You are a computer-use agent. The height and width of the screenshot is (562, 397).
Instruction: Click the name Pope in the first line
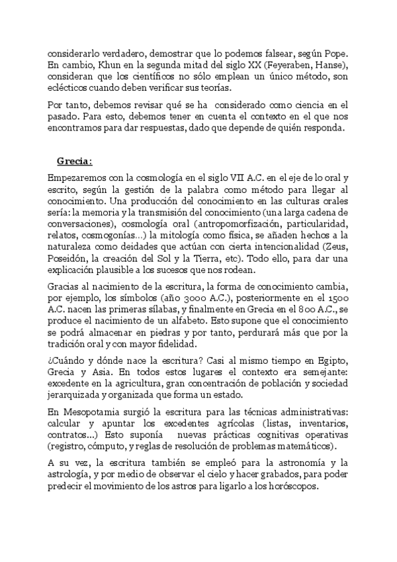tap(334, 52)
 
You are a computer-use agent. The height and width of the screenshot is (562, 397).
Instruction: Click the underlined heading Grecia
tap(73, 160)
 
